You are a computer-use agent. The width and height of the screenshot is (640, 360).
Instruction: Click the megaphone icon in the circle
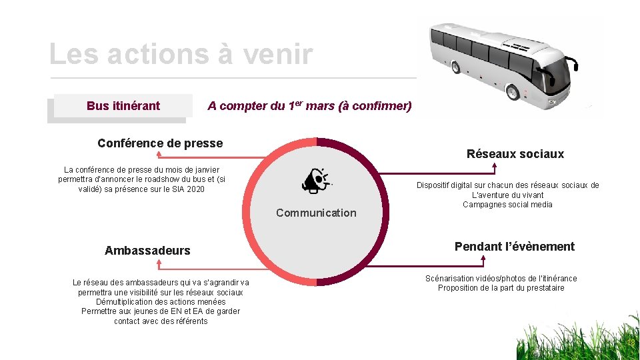tap(315, 181)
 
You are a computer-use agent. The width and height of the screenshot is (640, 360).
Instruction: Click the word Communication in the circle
tap(316, 213)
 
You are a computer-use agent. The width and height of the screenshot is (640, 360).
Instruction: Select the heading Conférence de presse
tap(160, 143)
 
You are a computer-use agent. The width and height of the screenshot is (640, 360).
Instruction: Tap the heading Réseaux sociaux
tap(515, 154)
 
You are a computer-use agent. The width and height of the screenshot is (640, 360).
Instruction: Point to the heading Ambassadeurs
tap(147, 251)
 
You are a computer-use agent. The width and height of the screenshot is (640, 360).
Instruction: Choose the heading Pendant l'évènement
tap(514, 247)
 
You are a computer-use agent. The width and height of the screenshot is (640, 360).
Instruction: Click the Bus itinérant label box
tap(123, 105)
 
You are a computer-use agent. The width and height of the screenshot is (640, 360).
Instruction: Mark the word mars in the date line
tap(320, 105)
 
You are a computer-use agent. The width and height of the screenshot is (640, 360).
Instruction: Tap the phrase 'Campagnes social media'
tap(507, 205)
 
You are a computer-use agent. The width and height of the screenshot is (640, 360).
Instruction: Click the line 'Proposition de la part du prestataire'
tap(501, 288)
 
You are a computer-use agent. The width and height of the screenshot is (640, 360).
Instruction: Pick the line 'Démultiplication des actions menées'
tap(161, 302)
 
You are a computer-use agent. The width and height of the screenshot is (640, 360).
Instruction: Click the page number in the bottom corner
tap(630, 343)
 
